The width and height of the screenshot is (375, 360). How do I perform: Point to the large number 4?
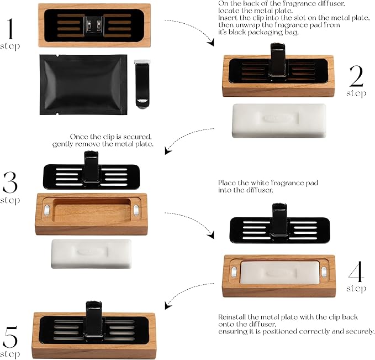pos(357,272)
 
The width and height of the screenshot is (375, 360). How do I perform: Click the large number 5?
pos(12,336)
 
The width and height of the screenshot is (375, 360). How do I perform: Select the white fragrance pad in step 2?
pos(279,121)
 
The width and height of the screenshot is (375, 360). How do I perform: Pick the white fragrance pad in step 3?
pos(92,253)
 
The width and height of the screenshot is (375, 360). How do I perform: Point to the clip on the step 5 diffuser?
pos(93,318)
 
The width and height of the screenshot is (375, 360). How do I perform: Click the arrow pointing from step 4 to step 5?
pos(188,294)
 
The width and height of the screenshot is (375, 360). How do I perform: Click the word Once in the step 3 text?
pos(80,136)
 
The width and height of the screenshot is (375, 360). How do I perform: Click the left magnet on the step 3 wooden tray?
pos(47,209)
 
